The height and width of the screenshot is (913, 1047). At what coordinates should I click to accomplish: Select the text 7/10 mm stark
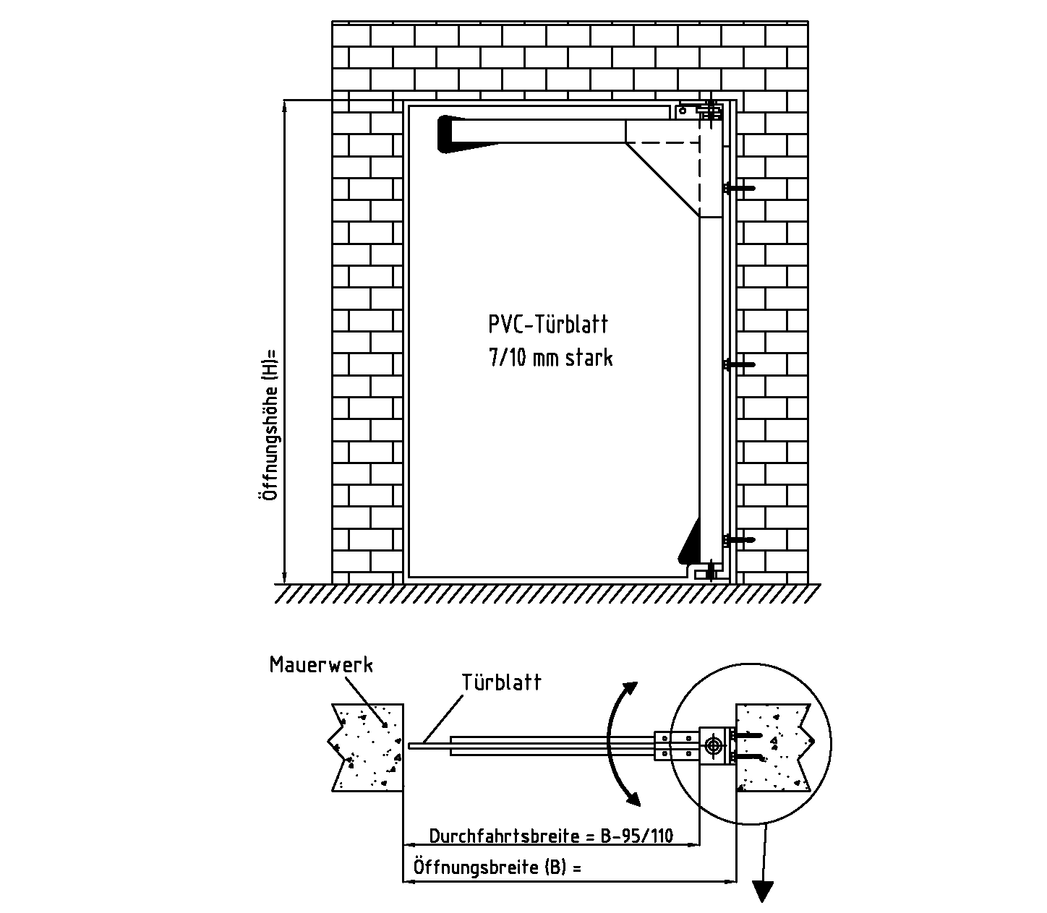coord(550,358)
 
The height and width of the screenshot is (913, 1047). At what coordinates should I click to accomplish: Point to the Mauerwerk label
coord(321,665)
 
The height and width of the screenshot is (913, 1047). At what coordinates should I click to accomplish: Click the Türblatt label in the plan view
coord(501,682)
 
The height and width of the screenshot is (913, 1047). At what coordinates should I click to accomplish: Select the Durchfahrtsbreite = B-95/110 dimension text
coord(551,836)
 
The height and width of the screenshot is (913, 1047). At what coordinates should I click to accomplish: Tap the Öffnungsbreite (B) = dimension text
coord(497,867)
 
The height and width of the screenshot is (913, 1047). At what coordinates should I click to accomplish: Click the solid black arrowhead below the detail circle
coord(762,891)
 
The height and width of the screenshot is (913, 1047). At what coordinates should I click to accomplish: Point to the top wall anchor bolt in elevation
coord(739,188)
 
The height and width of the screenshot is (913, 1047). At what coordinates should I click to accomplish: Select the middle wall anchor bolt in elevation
coord(739,364)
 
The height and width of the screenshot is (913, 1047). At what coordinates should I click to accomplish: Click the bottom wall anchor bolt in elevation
coord(739,539)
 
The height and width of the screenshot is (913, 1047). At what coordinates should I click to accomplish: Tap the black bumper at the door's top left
coord(446,134)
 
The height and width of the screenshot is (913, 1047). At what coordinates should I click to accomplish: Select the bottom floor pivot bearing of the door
coord(705,573)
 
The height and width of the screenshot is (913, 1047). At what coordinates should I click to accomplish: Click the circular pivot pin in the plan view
coord(714,745)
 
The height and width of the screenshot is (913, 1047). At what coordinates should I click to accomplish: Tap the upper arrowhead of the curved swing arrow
coord(631,687)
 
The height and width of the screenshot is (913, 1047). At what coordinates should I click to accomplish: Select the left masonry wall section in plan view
coord(367,747)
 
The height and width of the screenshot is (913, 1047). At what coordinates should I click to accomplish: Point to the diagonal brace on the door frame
coord(662,179)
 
